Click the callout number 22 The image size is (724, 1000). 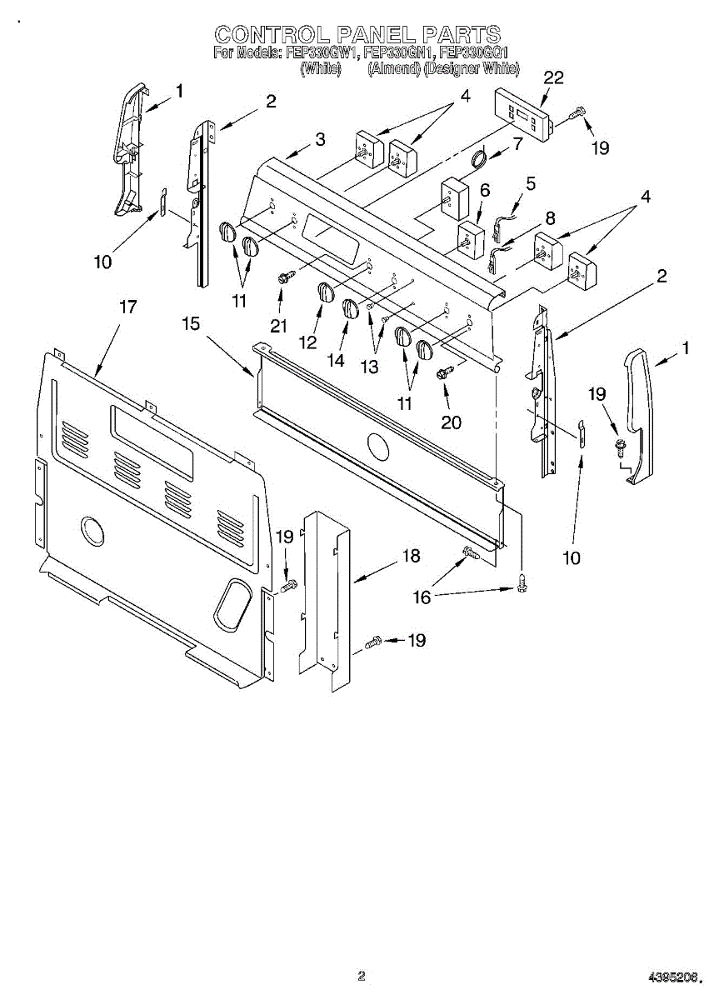click(x=553, y=78)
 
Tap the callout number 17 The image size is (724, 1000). click(x=127, y=307)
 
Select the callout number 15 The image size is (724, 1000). click(x=191, y=322)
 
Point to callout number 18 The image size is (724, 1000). click(x=411, y=556)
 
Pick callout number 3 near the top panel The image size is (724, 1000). click(x=320, y=140)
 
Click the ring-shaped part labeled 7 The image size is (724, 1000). click(x=478, y=158)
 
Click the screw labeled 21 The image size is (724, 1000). click(x=284, y=278)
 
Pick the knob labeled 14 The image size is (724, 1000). click(x=351, y=308)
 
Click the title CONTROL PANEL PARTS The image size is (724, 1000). click(x=357, y=34)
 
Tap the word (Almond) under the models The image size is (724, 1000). click(x=393, y=69)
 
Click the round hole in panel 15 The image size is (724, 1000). click(x=377, y=447)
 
